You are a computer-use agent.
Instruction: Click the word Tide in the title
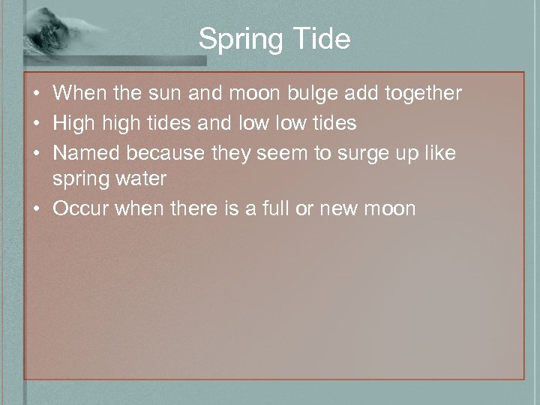(x=322, y=39)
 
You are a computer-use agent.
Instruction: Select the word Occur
(x=82, y=208)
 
